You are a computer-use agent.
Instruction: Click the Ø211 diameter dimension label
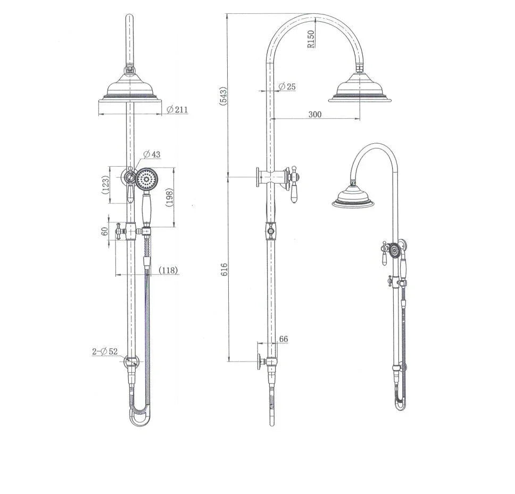click(x=177, y=110)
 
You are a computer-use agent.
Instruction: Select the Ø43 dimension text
click(x=152, y=154)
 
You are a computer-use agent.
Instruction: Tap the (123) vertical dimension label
click(x=106, y=184)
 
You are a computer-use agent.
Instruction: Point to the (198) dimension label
click(x=170, y=198)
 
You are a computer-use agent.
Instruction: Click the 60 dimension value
click(x=105, y=230)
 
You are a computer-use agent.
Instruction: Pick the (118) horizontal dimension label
click(x=169, y=271)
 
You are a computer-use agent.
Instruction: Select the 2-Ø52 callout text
click(x=105, y=351)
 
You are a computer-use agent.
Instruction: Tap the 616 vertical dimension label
click(x=224, y=268)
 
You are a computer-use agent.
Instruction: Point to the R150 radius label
click(x=311, y=39)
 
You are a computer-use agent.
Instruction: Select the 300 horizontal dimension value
click(x=315, y=114)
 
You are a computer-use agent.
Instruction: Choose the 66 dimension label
click(x=284, y=339)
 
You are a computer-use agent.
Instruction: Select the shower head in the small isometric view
click(x=353, y=196)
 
